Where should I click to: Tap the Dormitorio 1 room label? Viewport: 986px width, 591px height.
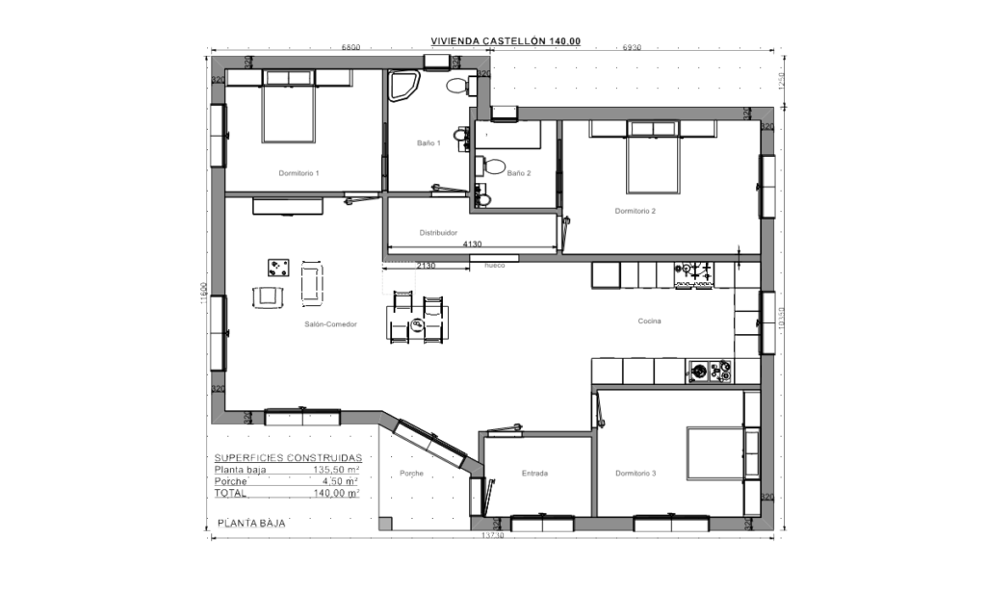pyautogui.click(x=298, y=172)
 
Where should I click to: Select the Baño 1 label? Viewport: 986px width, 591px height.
pyautogui.click(x=428, y=142)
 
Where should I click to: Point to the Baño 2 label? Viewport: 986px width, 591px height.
pyautogui.click(x=518, y=173)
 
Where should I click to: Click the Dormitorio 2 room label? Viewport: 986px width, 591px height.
pyautogui.click(x=636, y=210)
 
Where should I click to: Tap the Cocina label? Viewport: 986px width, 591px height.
pyautogui.click(x=651, y=321)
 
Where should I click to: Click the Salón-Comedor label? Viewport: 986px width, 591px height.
pyautogui.click(x=330, y=325)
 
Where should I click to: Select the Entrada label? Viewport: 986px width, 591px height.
pyautogui.click(x=534, y=473)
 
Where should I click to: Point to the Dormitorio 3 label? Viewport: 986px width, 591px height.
pyautogui.click(x=636, y=473)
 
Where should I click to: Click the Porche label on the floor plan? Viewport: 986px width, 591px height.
pyautogui.click(x=411, y=474)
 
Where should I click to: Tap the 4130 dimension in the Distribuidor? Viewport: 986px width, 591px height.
pyautogui.click(x=472, y=244)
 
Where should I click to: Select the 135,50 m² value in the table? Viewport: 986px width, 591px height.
pyautogui.click(x=336, y=470)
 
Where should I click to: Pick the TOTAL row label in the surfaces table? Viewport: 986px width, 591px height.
pyautogui.click(x=230, y=493)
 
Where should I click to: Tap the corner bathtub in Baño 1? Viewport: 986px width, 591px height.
pyautogui.click(x=402, y=90)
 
